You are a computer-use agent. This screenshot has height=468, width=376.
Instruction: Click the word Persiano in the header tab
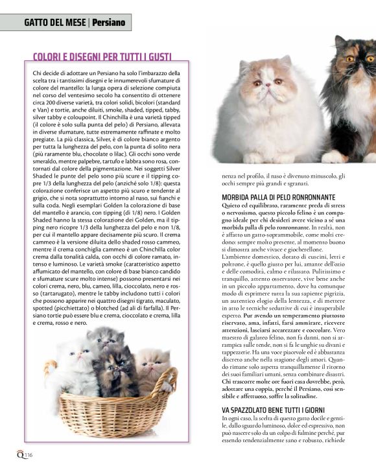coord(110,22)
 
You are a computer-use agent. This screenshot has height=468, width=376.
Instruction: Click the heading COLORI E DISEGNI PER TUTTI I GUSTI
coord(102,56)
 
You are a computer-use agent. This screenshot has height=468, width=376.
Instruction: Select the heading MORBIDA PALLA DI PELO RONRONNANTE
coord(277,196)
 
